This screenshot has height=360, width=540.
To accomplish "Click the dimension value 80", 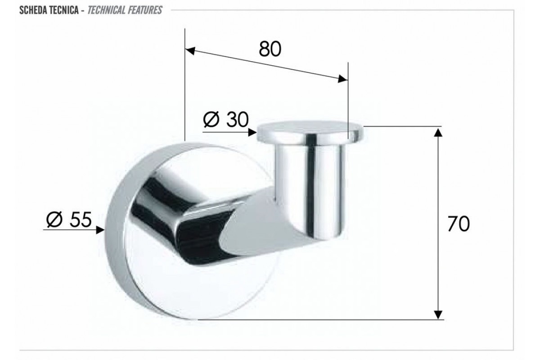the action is (x=270, y=49).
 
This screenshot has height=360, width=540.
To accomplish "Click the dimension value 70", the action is (x=459, y=224).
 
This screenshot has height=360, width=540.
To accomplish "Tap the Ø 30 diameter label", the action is (x=225, y=119).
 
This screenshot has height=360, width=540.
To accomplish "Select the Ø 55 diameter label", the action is (x=69, y=220).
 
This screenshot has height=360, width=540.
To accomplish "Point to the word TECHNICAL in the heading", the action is (x=106, y=10).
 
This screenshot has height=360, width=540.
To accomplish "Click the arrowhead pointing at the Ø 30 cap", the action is (x=252, y=132).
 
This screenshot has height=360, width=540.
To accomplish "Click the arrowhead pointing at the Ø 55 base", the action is (x=100, y=230).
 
